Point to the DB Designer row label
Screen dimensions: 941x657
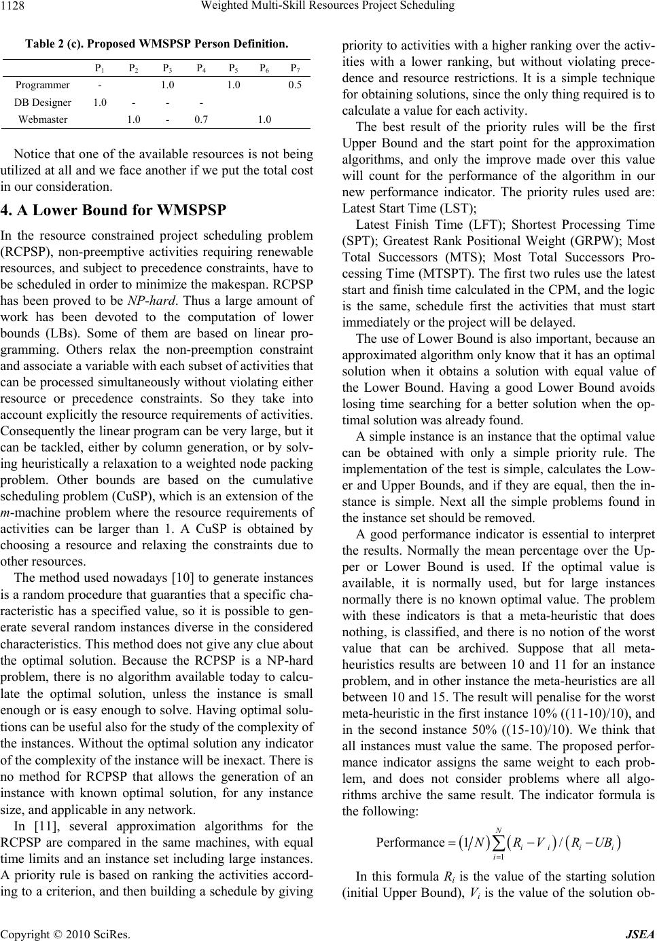(x=43, y=103)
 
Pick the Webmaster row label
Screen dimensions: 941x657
(x=43, y=119)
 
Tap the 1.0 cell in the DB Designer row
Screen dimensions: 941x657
(x=99, y=103)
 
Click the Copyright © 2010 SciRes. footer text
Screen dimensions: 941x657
(x=52, y=934)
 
